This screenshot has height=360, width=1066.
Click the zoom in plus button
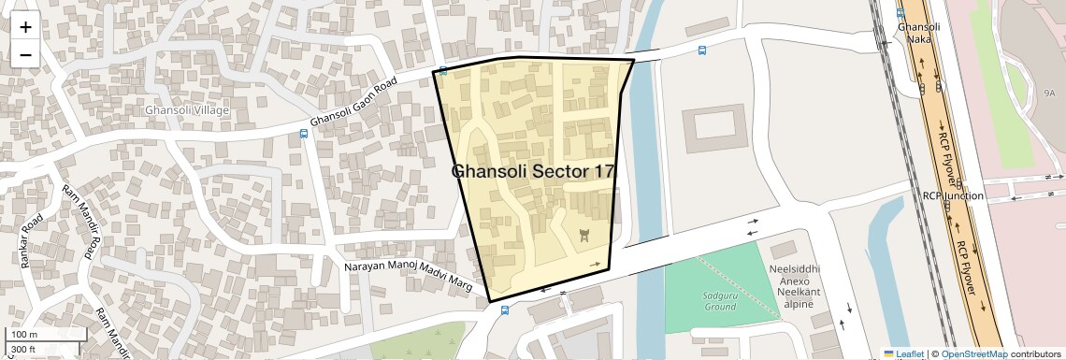25,27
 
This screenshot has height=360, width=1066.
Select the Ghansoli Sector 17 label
533,171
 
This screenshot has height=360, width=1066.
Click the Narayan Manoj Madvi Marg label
409,278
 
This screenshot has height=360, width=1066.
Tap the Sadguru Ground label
720,300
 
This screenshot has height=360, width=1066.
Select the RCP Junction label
953,196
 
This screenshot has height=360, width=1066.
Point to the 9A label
1049,94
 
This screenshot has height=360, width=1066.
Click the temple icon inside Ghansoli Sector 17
584,235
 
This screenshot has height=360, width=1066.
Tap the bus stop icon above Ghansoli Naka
900,13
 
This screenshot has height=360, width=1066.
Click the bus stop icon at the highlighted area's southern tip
505,310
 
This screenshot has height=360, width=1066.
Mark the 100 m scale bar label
24,334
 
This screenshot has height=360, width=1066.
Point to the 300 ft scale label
23,349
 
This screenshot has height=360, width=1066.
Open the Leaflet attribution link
903,354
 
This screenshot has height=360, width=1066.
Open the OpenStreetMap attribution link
973,354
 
